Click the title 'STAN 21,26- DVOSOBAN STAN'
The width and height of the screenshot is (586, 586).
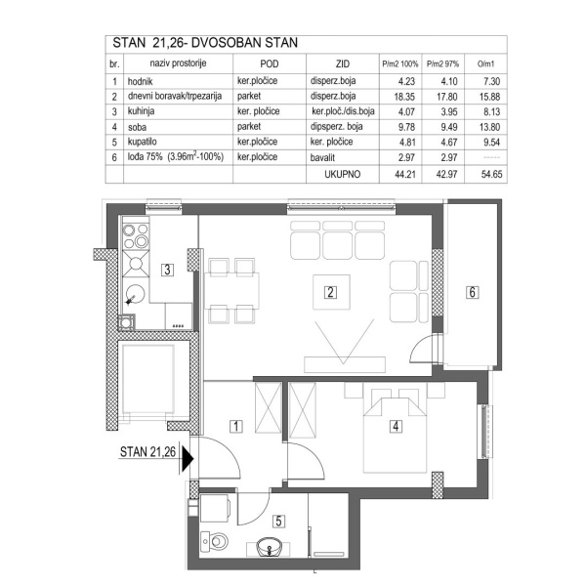point(205,43)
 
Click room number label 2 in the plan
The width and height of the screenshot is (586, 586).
point(331,291)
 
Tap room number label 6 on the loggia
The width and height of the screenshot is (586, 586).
point(472,291)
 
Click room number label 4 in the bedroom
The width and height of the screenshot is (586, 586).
point(395,426)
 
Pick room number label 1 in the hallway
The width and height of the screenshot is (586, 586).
point(235,426)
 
